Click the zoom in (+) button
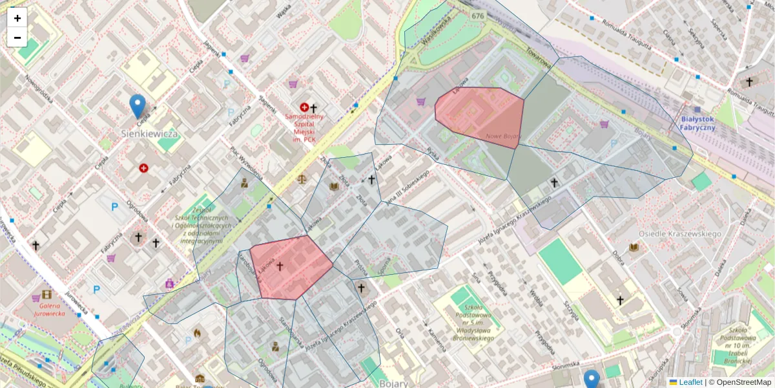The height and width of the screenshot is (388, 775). (x=17, y=18)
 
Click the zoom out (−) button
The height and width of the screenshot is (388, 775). (x=17, y=38)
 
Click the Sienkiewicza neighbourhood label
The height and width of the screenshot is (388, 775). (x=150, y=133)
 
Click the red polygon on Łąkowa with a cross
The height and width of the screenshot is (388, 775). (x=291, y=266)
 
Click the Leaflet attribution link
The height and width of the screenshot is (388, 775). (x=690, y=382)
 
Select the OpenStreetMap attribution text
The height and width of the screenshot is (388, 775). (x=743, y=382)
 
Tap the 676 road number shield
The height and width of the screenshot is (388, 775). (x=477, y=16)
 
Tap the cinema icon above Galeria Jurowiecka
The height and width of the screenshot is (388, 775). (x=46, y=294)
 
